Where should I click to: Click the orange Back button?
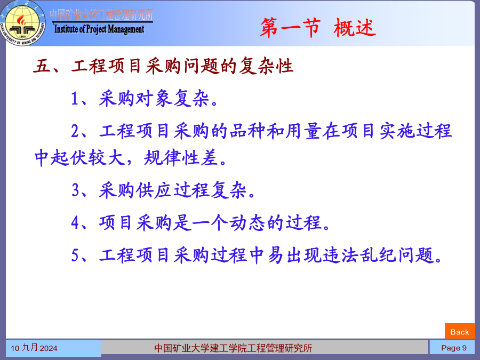click(x=460, y=331)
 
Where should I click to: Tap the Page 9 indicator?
click(x=454, y=348)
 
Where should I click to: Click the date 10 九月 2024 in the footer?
click(x=34, y=348)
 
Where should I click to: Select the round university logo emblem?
click(x=23, y=24)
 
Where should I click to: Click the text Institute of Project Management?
click(x=99, y=29)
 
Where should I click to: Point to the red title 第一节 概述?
click(x=318, y=28)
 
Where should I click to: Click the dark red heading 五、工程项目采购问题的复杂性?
click(x=163, y=66)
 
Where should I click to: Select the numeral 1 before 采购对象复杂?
click(x=75, y=99)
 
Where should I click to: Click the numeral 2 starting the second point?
click(x=75, y=131)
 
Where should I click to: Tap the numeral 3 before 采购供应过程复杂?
click(x=76, y=190)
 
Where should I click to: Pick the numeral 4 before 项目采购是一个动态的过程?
click(x=75, y=222)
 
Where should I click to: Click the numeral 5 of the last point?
click(x=75, y=255)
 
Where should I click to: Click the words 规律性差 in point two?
click(x=181, y=158)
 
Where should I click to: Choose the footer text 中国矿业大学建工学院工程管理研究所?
click(x=233, y=348)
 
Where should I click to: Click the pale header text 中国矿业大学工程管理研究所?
click(x=102, y=15)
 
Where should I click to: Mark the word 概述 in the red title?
click(x=355, y=28)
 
